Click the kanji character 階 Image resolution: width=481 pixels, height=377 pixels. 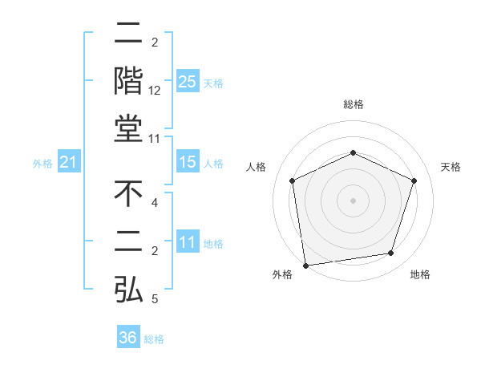[128, 80]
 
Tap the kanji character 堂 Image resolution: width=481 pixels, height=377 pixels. [128, 129]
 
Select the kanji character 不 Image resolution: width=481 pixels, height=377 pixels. [128, 193]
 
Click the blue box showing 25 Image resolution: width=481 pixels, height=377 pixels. [187, 82]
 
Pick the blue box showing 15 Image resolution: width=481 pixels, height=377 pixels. [187, 163]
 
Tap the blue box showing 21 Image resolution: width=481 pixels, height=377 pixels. [68, 163]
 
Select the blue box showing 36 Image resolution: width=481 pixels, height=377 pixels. [128, 338]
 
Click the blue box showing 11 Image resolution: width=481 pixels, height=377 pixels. [187, 243]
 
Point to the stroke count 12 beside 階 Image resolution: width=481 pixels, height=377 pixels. [155, 91]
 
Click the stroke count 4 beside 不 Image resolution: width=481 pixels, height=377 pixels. [155, 203]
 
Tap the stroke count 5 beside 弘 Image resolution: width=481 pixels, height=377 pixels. [155, 299]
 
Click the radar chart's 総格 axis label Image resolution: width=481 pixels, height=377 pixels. [353, 105]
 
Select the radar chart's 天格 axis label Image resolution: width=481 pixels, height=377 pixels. [451, 167]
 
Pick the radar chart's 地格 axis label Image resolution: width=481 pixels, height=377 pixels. [420, 274]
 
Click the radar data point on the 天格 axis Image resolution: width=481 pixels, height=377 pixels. [414, 180]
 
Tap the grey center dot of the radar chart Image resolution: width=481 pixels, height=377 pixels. [353, 200]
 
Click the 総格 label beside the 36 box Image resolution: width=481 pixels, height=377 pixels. [154, 338]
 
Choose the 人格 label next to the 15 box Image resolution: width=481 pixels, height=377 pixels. [213, 164]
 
